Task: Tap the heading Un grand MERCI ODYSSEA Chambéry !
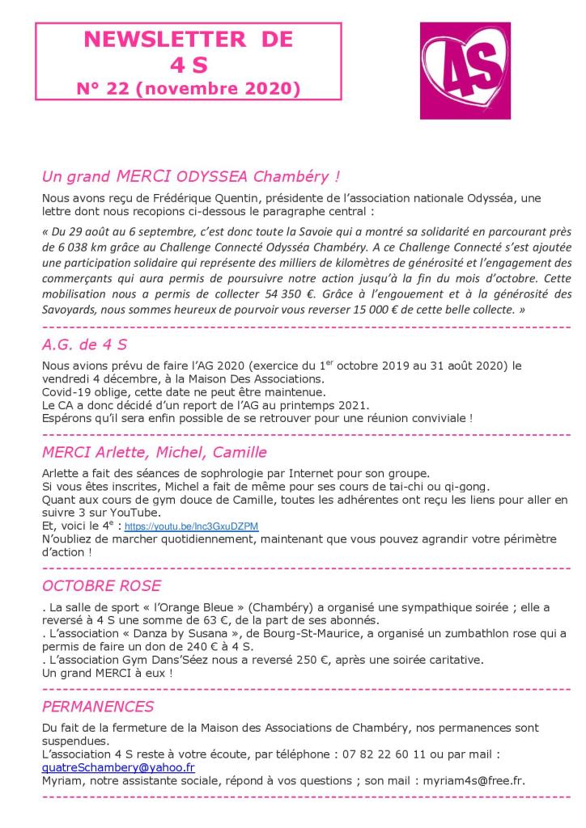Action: point(190,175)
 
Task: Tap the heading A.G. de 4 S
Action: point(84,344)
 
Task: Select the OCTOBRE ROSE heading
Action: point(101,585)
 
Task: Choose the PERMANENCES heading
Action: point(98,706)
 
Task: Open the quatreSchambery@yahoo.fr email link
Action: point(118,767)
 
